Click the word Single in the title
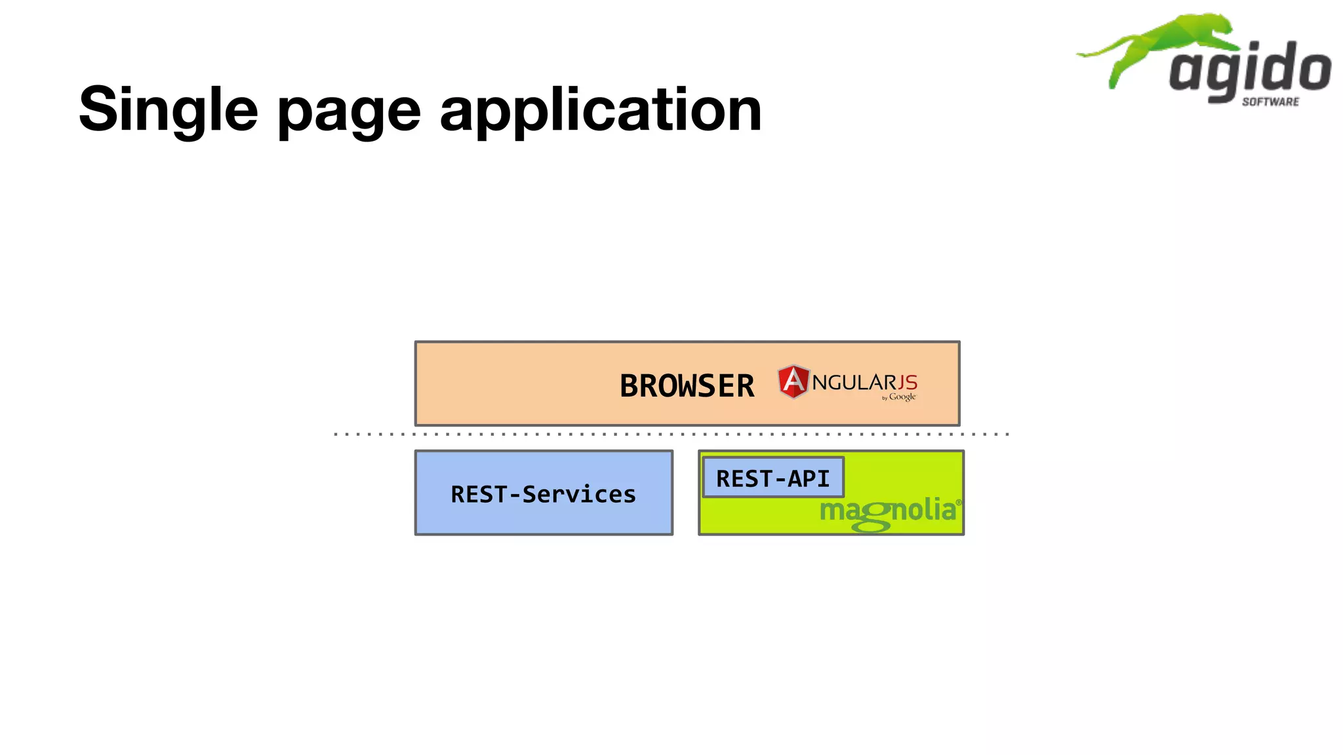pos(168,109)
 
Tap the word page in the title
pos(349,111)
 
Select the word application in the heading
pos(600,110)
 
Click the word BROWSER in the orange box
pos(687,386)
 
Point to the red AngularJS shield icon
pos(793,381)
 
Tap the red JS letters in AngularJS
pos(908,383)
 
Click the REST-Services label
pos(543,494)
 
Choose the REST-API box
pos(772,478)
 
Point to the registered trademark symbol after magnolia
pos(959,503)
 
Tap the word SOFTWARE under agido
pos(1270,102)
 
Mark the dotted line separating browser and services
pos(670,434)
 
